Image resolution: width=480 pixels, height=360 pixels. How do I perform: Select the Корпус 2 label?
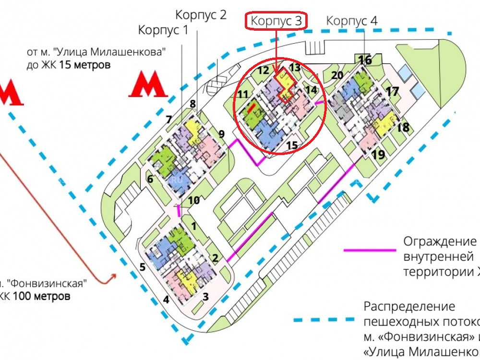point(201,14)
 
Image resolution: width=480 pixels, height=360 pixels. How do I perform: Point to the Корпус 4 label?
point(352,21)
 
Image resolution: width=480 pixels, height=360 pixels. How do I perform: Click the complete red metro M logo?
point(147,85)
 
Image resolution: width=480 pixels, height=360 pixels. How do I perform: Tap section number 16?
point(365,60)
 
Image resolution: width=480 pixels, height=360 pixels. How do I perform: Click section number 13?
point(294,67)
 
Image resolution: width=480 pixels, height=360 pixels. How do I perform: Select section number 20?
point(337,75)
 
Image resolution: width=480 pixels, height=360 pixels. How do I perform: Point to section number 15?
point(292,144)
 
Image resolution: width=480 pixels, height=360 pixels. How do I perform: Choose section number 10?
point(193,200)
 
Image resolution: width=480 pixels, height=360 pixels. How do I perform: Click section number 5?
point(143,267)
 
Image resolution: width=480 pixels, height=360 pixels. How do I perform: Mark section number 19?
point(378,155)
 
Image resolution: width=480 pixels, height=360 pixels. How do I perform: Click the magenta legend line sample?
point(370,250)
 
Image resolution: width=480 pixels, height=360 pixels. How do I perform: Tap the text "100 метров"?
point(41,296)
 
